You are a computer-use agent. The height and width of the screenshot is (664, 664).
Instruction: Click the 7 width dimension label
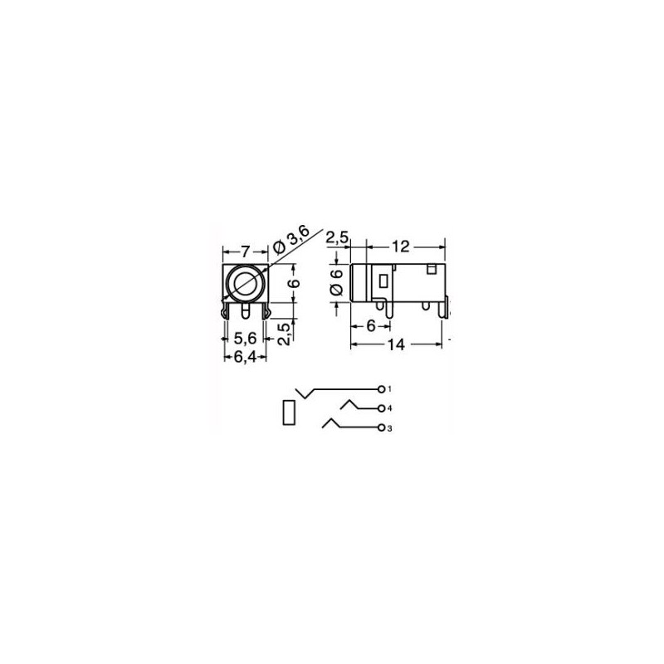pos(246,252)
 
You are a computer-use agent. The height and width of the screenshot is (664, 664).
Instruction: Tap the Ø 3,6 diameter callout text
pos(291,239)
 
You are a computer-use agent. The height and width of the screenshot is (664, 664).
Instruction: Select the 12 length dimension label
pos(400,246)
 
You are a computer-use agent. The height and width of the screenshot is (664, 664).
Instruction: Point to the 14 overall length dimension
pos(397,344)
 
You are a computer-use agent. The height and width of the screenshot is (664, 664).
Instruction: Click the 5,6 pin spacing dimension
pos(245,338)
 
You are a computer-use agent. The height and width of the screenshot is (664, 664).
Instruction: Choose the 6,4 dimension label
pos(245,358)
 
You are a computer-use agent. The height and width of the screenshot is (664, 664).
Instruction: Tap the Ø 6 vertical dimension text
pos(336,282)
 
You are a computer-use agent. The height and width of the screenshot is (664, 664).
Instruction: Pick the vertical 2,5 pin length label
pos(286,334)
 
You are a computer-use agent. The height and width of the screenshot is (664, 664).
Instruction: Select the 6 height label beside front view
pos(295,282)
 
